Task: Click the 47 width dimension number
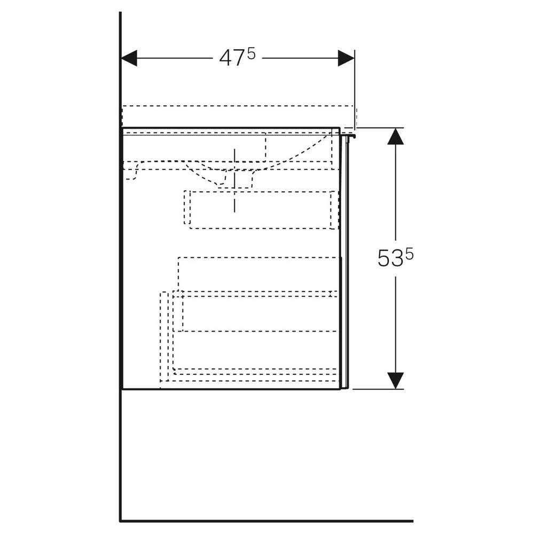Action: (232, 58)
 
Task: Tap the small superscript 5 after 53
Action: (410, 254)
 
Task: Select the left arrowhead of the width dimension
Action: (129, 58)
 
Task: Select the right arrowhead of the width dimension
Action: (346, 58)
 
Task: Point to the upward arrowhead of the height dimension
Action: (395, 136)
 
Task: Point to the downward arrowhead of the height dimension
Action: (395, 381)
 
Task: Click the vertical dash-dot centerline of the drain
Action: (234, 180)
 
